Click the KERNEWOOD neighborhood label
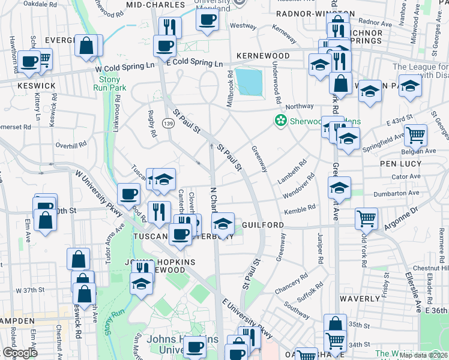pos(264,56)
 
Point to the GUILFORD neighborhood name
pos(263,225)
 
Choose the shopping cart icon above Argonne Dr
pos(366,218)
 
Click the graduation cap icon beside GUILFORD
pos(223,224)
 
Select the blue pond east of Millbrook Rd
pos(249,82)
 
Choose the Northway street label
pos(300,106)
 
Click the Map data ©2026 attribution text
pos(423,355)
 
